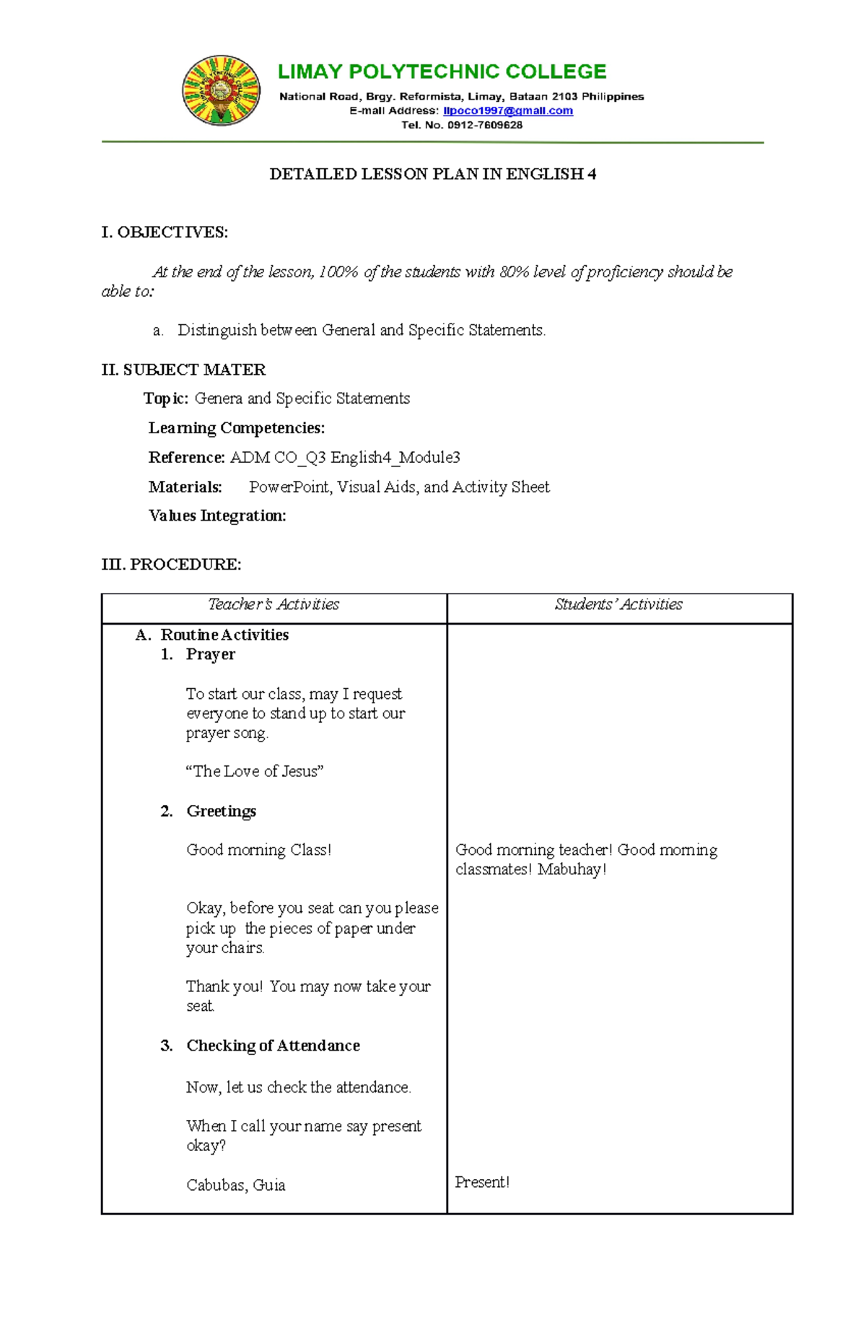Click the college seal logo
pos(222,91)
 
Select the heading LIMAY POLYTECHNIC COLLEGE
pos(442,71)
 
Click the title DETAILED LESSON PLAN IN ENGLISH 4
pos(432,174)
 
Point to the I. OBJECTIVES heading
pos(165,232)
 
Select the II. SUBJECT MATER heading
pos(183,370)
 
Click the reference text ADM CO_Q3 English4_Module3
pos(344,458)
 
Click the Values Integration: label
pos(217,516)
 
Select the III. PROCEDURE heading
pos(171,565)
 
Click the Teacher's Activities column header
pos(274,604)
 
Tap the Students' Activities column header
pos(618,604)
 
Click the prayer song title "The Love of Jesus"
pos(254,771)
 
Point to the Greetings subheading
pos(221,811)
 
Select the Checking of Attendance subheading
pos(273,1046)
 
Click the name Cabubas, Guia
pos(235,1185)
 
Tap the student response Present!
pos(482,1182)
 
